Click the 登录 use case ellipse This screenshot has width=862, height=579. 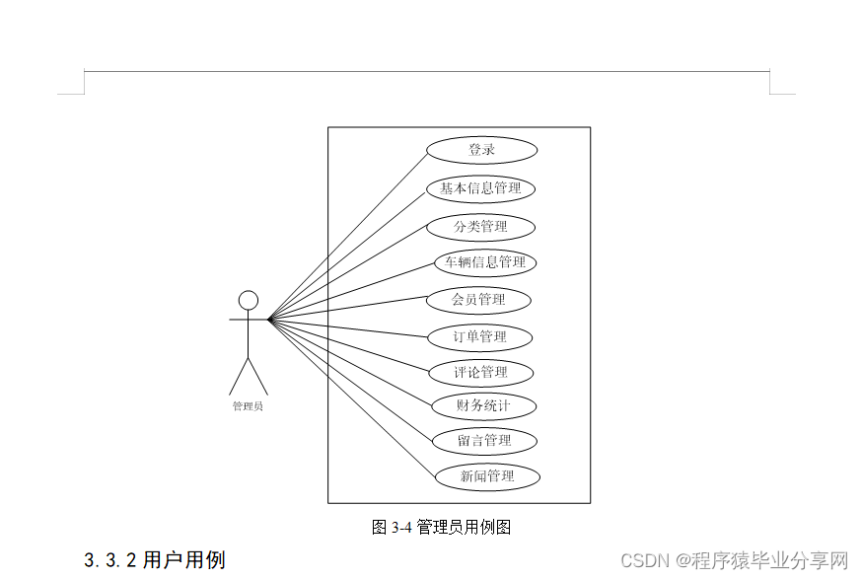[x=481, y=150]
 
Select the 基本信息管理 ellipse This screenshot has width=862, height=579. [x=480, y=188]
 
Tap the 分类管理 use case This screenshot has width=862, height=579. [x=480, y=227]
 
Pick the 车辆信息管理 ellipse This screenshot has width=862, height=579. [x=485, y=262]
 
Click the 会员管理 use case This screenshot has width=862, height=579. [x=478, y=300]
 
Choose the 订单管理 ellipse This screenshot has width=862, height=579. [x=479, y=337]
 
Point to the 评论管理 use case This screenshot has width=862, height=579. [x=480, y=373]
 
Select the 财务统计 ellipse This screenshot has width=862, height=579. [x=483, y=405]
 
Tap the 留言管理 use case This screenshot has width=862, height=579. [x=484, y=440]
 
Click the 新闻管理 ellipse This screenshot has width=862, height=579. [x=487, y=476]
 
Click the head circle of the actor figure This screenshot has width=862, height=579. [x=249, y=299]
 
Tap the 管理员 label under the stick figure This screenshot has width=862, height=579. [x=248, y=406]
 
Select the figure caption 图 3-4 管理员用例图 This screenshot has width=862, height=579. [x=441, y=527]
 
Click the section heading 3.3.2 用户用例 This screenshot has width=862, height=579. [x=155, y=560]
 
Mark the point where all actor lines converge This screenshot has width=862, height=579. [x=269, y=319]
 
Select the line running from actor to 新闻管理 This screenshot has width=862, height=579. [x=352, y=398]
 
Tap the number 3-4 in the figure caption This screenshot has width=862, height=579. [x=399, y=527]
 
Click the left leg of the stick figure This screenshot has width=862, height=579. [x=239, y=377]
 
